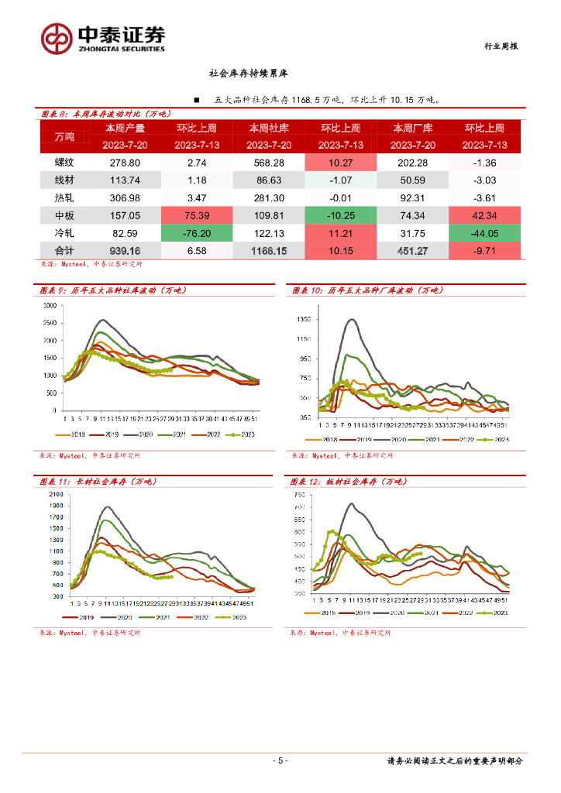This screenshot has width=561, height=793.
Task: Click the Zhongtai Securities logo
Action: pyautogui.click(x=102, y=37)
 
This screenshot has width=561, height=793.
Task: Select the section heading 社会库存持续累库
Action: pyautogui.click(x=248, y=74)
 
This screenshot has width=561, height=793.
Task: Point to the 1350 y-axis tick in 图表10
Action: pyautogui.click(x=303, y=320)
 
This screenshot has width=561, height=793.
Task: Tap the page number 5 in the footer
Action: pyautogui.click(x=280, y=760)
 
